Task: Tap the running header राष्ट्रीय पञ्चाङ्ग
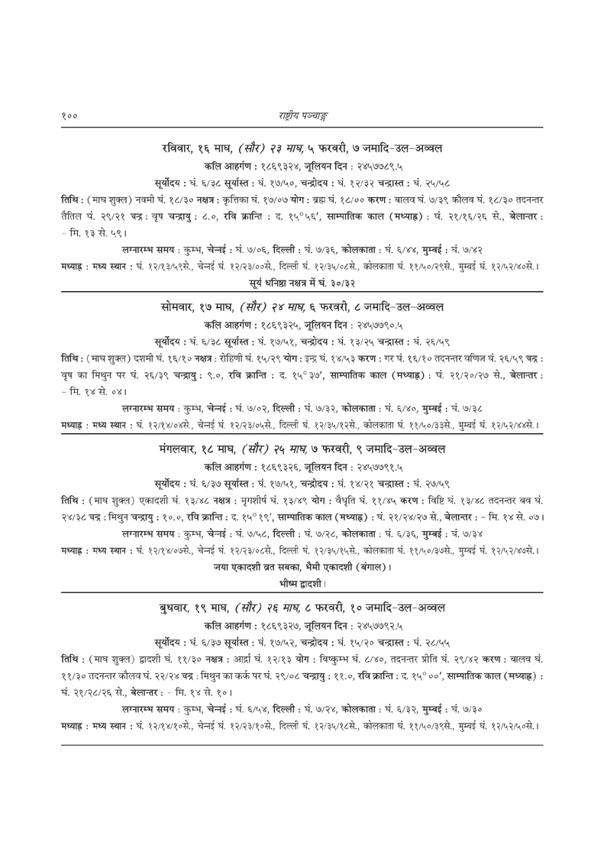[x=302, y=115]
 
